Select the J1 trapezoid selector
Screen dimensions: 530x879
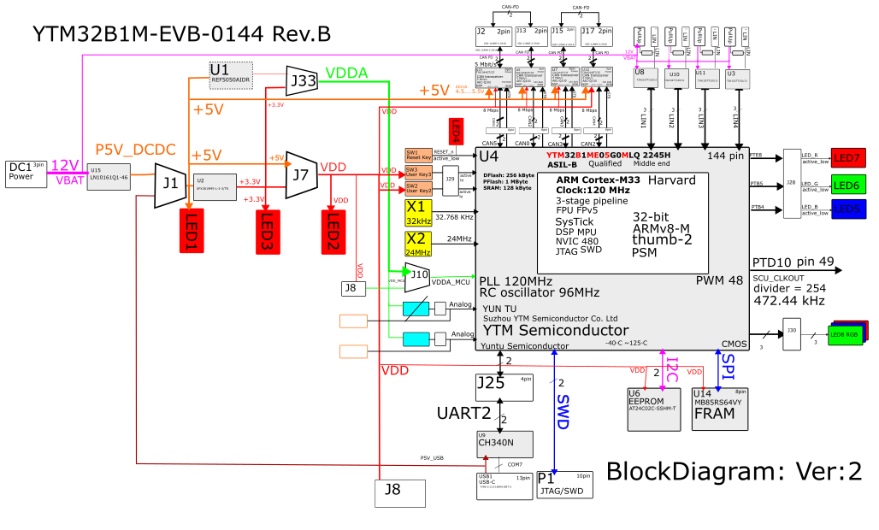click(170, 182)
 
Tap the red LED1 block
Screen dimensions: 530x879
click(189, 230)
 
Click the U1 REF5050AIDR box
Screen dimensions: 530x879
click(231, 74)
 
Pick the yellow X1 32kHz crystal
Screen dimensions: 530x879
click(418, 212)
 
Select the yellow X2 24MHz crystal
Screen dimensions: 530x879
click(418, 243)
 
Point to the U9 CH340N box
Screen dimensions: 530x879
click(504, 444)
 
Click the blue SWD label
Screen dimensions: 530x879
click(562, 411)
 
